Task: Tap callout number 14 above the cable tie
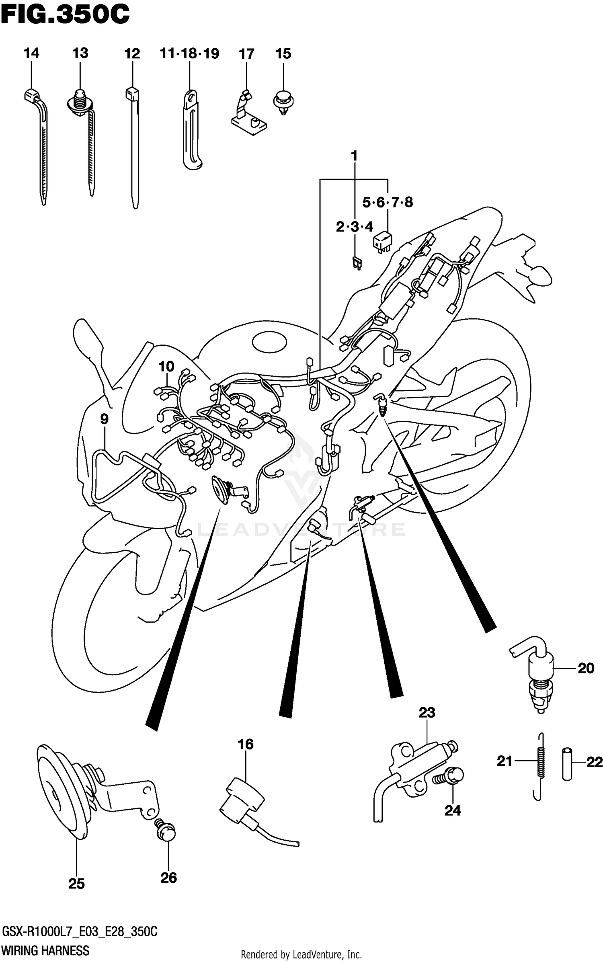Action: tap(31, 53)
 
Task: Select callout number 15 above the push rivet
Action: tap(283, 53)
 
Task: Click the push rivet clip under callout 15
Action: tap(284, 103)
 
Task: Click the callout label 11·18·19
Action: tap(189, 53)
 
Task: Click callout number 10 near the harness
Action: tap(166, 366)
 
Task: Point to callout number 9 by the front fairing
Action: tap(104, 419)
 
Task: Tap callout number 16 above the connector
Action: tap(245, 745)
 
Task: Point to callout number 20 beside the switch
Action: tap(586, 668)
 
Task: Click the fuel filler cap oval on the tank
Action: tap(269, 342)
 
